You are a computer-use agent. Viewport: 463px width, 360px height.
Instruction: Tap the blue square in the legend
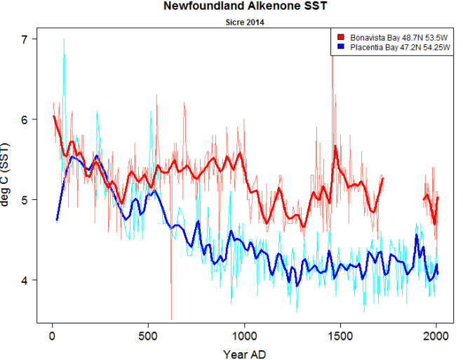pyautogui.click(x=341, y=46)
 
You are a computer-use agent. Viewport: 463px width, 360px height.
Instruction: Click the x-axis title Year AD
pyautogui.click(x=244, y=352)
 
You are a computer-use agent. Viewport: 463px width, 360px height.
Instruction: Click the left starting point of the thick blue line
pyautogui.click(x=57, y=220)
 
